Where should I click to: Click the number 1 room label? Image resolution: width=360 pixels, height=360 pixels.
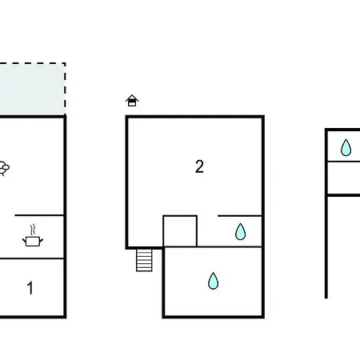[x=30, y=288]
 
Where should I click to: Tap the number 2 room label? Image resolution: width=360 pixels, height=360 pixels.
[x=199, y=166]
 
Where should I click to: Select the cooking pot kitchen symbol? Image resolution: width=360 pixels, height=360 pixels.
[x=33, y=241]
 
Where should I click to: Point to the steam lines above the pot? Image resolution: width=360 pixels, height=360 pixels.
[x=33, y=230]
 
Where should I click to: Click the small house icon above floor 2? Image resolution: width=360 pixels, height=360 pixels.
[x=132, y=101]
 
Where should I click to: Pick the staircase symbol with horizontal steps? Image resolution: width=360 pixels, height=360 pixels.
[x=144, y=260]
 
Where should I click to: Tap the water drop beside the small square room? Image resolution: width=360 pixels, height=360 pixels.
[x=240, y=231]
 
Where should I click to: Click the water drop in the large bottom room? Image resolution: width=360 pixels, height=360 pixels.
[x=213, y=281]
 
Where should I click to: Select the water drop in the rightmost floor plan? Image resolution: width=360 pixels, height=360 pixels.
[x=346, y=147]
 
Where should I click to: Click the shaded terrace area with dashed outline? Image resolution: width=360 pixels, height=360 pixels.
[x=33, y=90]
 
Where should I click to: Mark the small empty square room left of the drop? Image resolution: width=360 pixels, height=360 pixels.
[x=180, y=231]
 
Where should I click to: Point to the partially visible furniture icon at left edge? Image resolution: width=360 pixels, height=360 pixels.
[x=4, y=168]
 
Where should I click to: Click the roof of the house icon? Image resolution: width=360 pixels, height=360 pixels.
[x=132, y=98]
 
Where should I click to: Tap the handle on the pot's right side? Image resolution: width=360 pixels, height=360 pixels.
[x=41, y=240]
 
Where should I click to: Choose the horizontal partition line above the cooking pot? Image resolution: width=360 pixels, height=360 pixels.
[x=39, y=215]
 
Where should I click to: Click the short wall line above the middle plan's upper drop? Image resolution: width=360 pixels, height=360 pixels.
[x=239, y=215]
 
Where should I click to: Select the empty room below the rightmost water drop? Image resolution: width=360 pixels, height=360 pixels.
[x=344, y=178]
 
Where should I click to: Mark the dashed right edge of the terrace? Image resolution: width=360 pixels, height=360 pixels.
[x=65, y=90]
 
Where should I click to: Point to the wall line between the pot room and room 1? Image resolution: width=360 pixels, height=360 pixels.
[x=32, y=258]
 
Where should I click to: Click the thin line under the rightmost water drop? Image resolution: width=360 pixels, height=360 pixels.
[x=344, y=162]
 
